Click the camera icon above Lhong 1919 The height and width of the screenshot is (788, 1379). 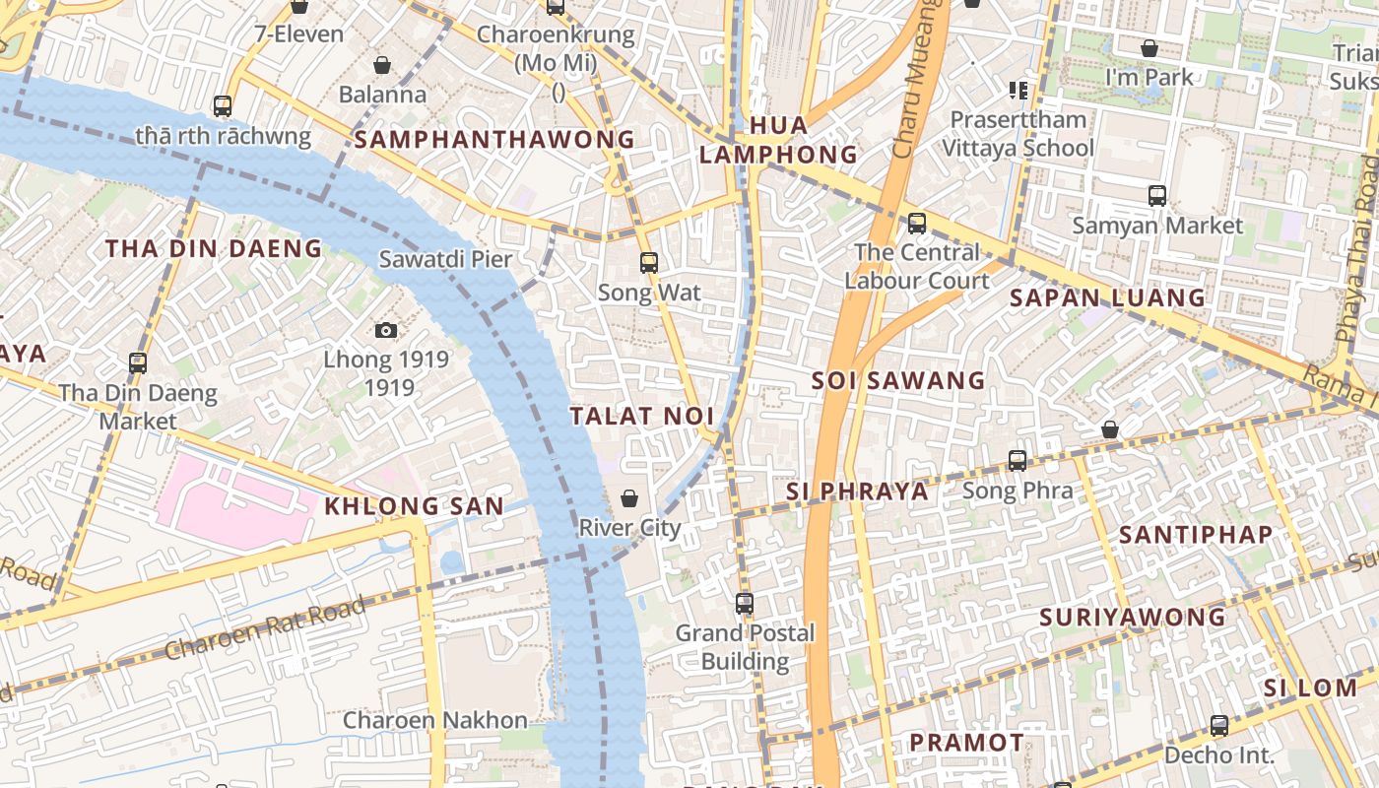[x=386, y=330]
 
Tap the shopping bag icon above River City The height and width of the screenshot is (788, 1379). [x=629, y=498]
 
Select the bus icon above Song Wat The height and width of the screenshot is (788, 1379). [x=648, y=263]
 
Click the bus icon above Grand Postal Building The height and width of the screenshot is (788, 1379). [x=745, y=603]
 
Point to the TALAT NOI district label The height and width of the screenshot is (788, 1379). [x=642, y=416]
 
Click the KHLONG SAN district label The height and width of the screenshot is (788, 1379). [x=414, y=506]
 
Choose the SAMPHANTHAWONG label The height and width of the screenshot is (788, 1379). [x=494, y=140]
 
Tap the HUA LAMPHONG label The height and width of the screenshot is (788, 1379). [x=778, y=140]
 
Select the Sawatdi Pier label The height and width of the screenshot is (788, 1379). [x=446, y=259]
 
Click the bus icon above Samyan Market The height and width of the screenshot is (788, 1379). [x=1157, y=196]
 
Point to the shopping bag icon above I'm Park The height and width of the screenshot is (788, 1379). [x=1149, y=47]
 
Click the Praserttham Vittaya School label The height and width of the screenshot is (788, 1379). [x=1018, y=134]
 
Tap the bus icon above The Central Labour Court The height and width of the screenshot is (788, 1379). [x=917, y=223]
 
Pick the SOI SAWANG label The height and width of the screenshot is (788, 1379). [x=898, y=380]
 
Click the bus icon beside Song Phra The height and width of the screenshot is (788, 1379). [x=1018, y=460]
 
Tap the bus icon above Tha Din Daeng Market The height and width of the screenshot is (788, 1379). [x=138, y=362]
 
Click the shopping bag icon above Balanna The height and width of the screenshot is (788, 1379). [x=382, y=65]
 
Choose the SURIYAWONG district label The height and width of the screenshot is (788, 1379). [x=1133, y=618]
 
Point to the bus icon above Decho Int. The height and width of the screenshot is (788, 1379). [x=1219, y=726]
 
